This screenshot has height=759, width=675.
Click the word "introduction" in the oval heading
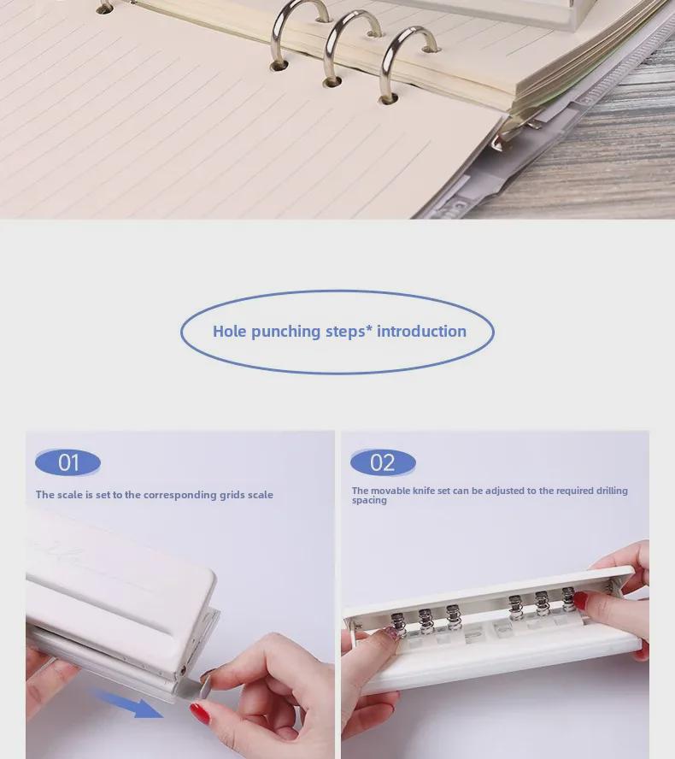tap(421, 332)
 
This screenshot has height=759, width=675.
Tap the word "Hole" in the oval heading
tap(230, 332)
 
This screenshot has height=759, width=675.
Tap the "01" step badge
tap(68, 463)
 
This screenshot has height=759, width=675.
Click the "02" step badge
tap(383, 463)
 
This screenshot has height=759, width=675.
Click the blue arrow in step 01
tap(128, 702)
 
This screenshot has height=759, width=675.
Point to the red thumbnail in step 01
tap(199, 713)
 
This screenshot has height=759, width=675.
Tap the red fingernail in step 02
tap(580, 601)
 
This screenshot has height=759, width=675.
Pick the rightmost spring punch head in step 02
tap(568, 601)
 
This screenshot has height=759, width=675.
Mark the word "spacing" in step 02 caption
tap(369, 501)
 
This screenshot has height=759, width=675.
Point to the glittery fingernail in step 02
tap(391, 633)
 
